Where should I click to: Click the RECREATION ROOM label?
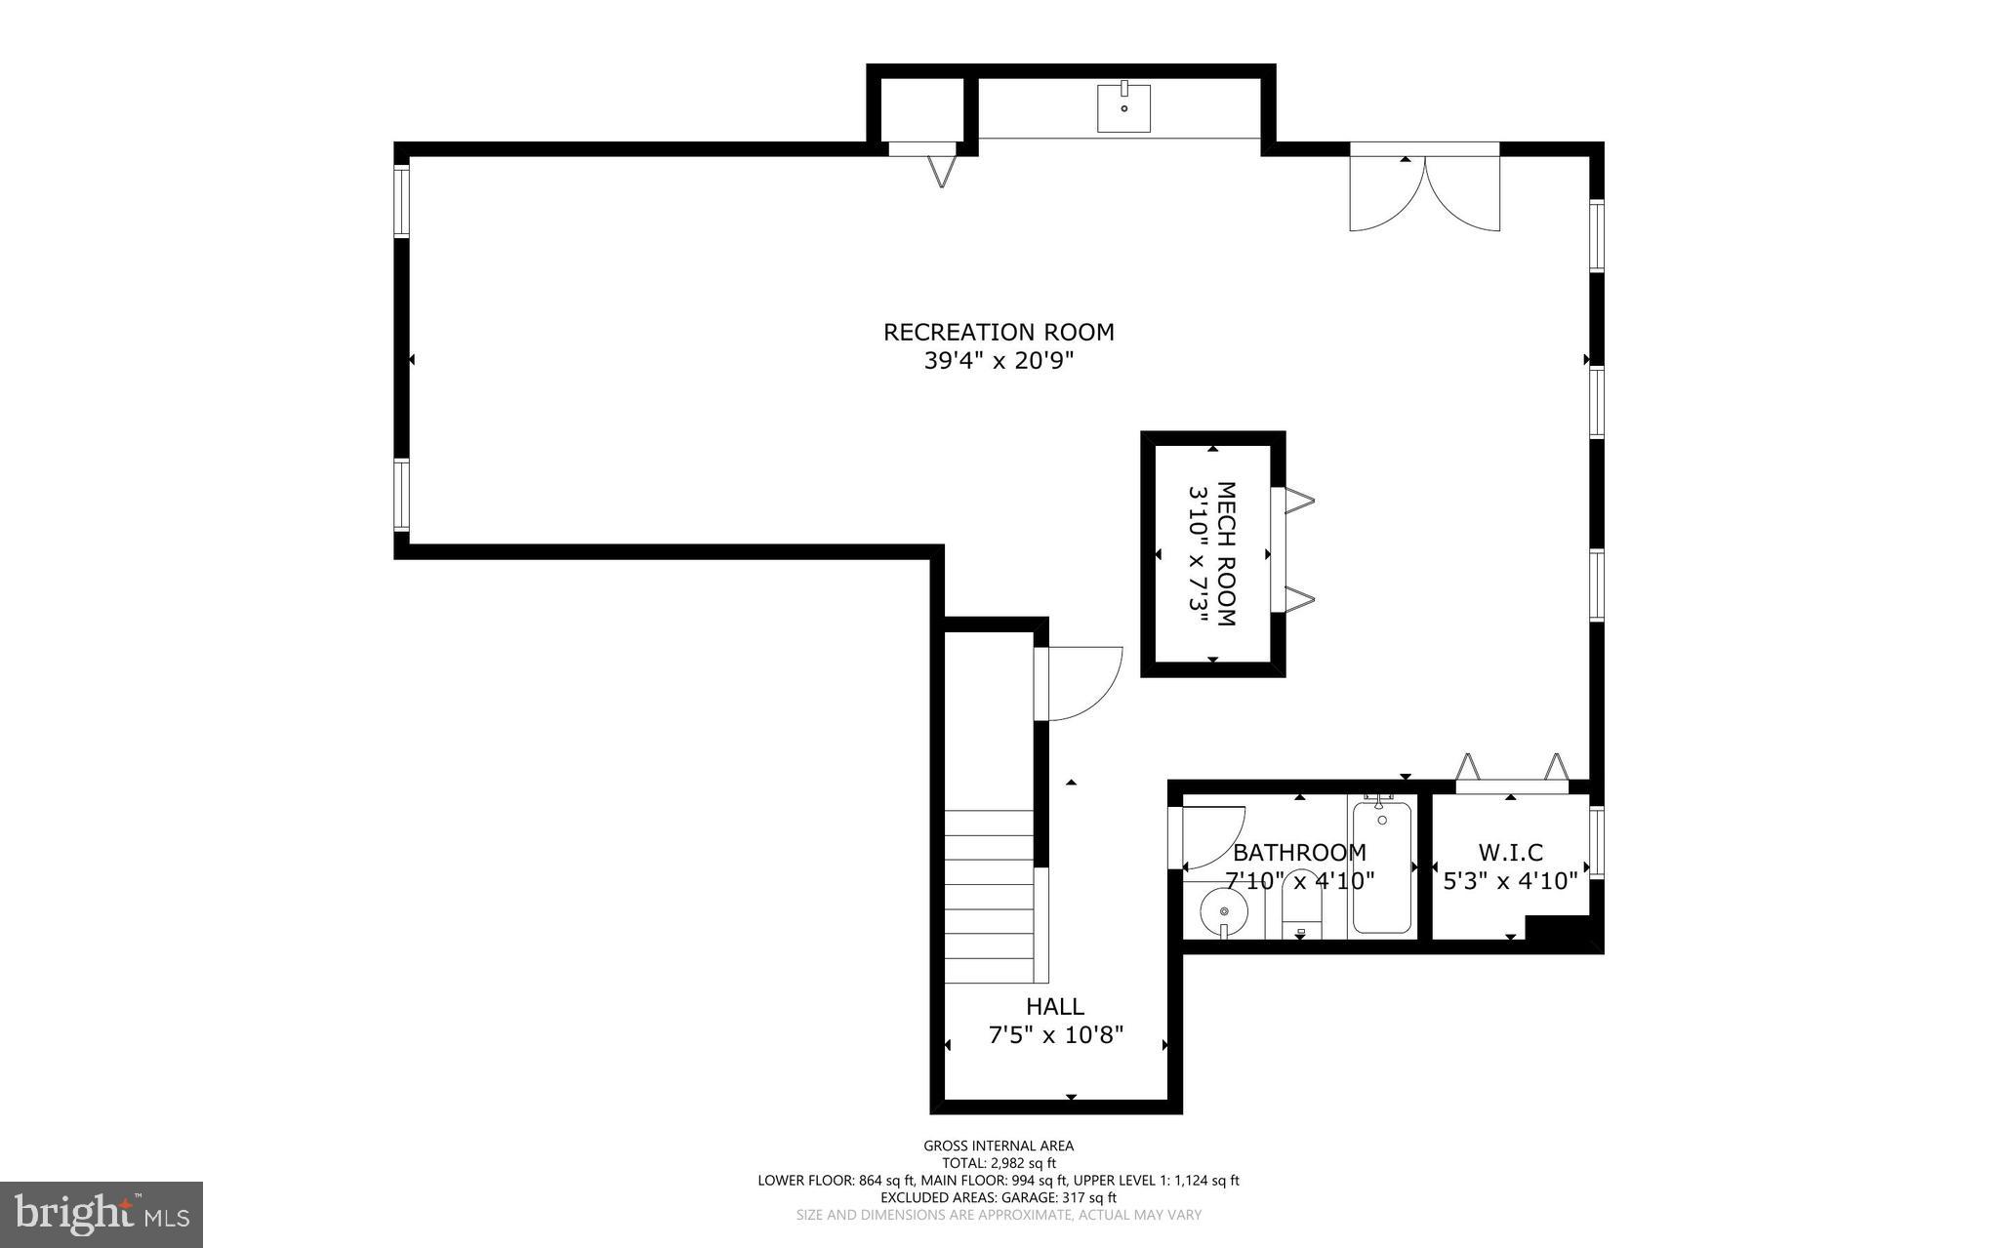[x=999, y=332]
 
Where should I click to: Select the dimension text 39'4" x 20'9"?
[x=999, y=361]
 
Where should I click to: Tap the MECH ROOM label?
[x=1225, y=554]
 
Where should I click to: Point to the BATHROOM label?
[x=1299, y=853]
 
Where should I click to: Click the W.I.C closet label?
[x=1511, y=853]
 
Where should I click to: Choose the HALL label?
[x=1054, y=1006]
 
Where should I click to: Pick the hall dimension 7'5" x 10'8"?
[x=1056, y=1034]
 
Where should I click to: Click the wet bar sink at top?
[x=1123, y=107]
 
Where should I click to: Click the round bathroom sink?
[x=1224, y=912]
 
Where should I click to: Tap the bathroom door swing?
[x=1210, y=837]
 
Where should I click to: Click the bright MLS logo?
[x=102, y=1214]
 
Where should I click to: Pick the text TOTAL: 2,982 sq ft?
[x=999, y=1163]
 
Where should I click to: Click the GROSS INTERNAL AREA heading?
[x=999, y=1146]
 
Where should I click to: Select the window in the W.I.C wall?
[x=1597, y=842]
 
